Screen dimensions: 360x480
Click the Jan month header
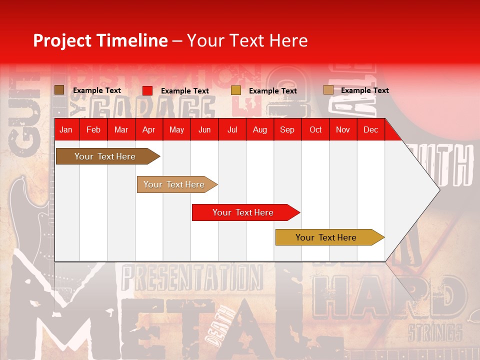(66, 130)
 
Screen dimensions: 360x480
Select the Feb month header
(93, 130)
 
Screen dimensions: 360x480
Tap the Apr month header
(148, 130)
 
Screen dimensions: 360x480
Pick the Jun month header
(204, 130)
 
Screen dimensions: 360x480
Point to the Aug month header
(259, 130)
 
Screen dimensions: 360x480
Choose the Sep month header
(287, 130)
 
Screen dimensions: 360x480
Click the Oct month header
(315, 130)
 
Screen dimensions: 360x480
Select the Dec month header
(370, 130)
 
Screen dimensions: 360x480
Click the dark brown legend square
(59, 90)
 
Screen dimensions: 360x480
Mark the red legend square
(147, 90)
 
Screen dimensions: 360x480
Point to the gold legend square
(236, 90)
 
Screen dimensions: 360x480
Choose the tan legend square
(328, 90)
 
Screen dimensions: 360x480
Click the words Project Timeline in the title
(100, 40)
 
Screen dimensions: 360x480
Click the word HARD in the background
(390, 298)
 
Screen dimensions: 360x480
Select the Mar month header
(121, 130)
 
